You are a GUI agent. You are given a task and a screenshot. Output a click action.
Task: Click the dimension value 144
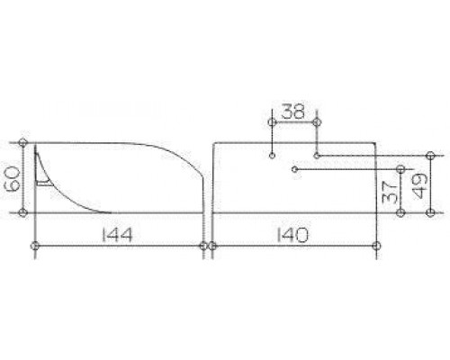click(x=117, y=235)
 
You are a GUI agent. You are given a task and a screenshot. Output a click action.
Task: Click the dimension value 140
click(x=292, y=235)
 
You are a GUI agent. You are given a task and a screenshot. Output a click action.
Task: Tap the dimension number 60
click(x=13, y=178)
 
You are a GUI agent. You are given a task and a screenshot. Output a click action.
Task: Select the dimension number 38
click(x=293, y=112)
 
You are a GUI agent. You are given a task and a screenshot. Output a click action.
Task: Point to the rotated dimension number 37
click(x=390, y=192)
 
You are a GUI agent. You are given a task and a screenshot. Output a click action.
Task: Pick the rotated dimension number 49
click(x=420, y=186)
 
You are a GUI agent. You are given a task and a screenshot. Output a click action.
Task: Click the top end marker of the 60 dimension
click(x=22, y=142)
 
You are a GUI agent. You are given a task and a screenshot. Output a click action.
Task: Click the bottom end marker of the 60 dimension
click(x=22, y=212)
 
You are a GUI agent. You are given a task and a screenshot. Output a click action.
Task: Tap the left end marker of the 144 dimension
click(x=35, y=246)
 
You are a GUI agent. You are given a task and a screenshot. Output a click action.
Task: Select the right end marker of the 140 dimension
click(x=376, y=246)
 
